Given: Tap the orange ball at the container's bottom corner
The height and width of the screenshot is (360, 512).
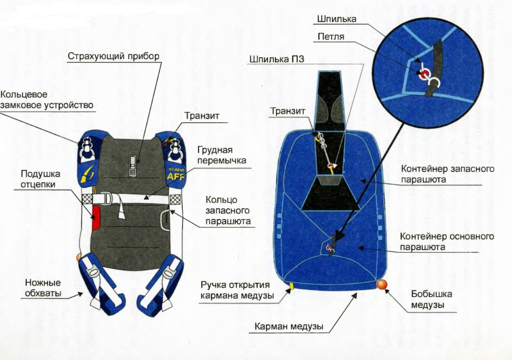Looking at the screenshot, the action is tap(381, 284).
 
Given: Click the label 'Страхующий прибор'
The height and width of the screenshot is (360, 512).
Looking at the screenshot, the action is tap(114, 56).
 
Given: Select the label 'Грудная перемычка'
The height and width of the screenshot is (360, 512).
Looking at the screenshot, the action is tap(222, 155).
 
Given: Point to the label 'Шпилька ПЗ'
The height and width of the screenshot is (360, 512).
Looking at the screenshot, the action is tap(277, 59).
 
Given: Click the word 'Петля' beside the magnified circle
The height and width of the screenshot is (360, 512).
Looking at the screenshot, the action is tap(331, 37).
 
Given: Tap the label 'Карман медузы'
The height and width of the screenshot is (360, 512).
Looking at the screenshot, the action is tap(289, 326).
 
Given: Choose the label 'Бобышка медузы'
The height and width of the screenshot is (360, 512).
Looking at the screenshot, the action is tap(431, 299).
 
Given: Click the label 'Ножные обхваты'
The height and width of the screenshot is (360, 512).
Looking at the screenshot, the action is tap(43, 288).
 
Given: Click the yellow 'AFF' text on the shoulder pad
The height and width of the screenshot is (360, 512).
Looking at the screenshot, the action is tap(176, 177).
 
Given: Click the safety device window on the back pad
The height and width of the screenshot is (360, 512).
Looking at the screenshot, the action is tap(132, 166).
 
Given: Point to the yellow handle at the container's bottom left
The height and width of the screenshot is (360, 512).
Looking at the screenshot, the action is tap(292, 286).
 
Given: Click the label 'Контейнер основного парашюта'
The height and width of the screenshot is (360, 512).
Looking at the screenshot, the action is tap(447, 241).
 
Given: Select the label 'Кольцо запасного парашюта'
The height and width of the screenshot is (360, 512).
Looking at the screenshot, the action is tap(228, 210).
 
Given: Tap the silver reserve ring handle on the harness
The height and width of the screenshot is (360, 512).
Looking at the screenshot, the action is tap(165, 221).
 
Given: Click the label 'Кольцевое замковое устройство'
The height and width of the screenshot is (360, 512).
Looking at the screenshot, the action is tap(46, 100).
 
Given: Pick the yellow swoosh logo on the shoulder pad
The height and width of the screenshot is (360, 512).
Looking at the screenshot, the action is tap(87, 173).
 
